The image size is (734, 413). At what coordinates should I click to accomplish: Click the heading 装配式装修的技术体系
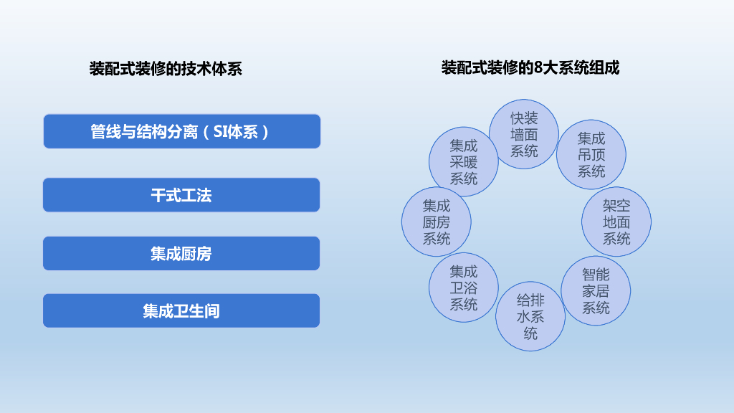point(166,69)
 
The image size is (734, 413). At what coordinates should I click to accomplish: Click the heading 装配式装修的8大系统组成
point(530,68)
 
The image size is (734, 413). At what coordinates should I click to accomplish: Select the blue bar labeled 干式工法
point(181,195)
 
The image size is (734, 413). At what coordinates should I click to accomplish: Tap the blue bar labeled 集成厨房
point(181,253)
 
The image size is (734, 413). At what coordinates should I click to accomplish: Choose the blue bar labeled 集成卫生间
point(181,310)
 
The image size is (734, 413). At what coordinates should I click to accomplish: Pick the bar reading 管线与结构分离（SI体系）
point(181,132)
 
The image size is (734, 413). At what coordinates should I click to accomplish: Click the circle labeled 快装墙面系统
point(524,134)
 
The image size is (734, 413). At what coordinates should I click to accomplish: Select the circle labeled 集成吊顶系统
point(591,154)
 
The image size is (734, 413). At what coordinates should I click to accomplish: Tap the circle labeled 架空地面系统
point(616,222)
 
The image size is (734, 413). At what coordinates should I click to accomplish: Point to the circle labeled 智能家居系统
point(596,290)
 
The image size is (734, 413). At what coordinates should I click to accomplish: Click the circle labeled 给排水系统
point(530,316)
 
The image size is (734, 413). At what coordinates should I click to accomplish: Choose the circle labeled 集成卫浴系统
point(464,288)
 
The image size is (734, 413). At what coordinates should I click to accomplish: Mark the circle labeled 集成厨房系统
point(437,222)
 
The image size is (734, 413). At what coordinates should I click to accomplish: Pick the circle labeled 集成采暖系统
point(464,161)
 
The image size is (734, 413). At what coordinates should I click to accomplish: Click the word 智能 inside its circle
point(596,274)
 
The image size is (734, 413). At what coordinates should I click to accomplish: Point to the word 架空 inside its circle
point(616,205)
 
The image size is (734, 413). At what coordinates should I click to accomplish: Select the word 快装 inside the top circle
point(524,118)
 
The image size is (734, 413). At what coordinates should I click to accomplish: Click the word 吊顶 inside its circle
point(591,154)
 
